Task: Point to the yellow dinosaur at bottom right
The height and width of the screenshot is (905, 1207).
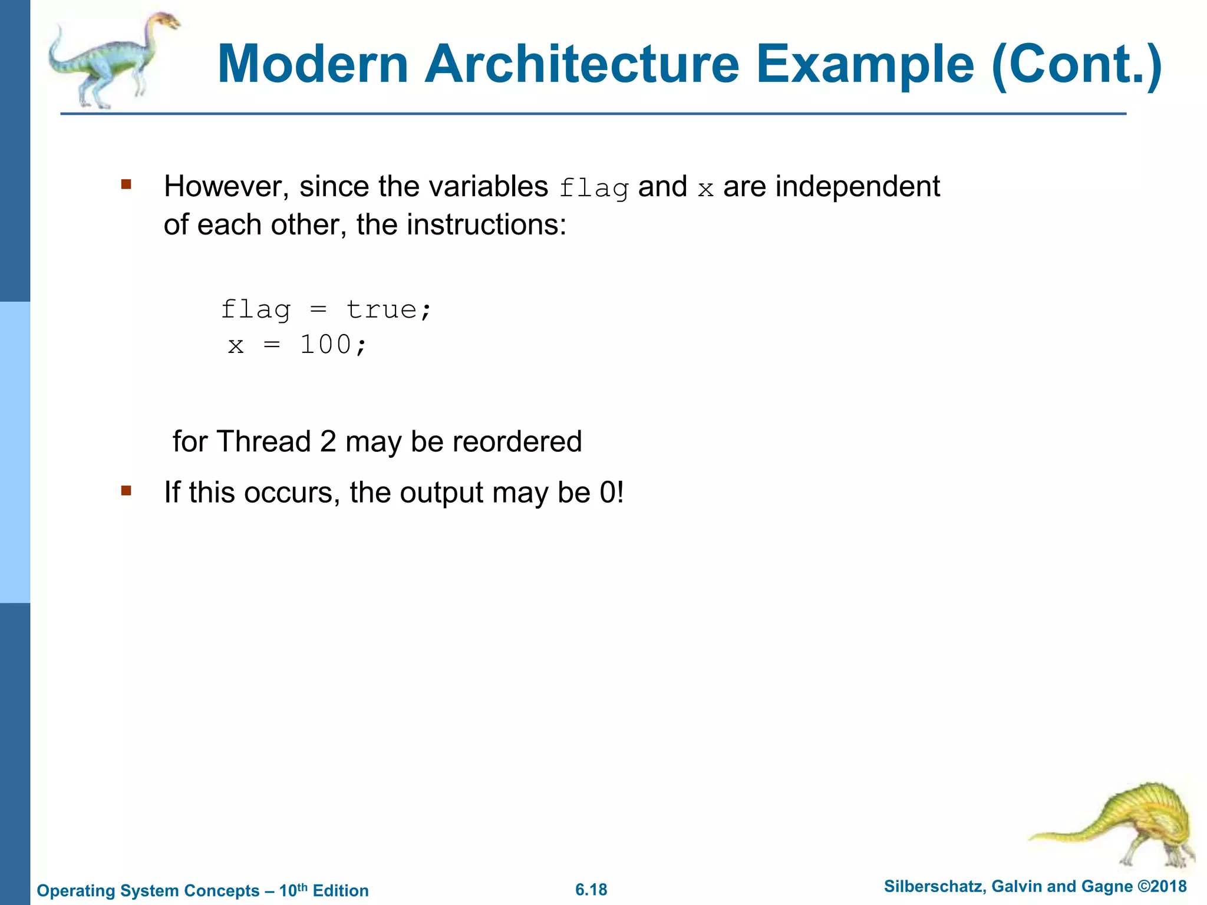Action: pos(1120,825)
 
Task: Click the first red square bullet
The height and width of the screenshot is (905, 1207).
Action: pos(126,185)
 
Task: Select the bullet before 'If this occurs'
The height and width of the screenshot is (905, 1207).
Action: pos(126,490)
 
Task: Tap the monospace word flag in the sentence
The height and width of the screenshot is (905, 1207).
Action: pos(593,189)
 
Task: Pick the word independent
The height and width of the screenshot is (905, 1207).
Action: pos(858,187)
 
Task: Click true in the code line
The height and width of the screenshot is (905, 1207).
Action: pos(388,310)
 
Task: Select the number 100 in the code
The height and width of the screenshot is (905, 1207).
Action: pos(326,345)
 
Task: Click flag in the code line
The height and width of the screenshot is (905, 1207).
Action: pos(256,310)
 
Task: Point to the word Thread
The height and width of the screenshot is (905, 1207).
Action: pos(263,441)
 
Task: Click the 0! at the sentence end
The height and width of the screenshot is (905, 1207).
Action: pos(611,492)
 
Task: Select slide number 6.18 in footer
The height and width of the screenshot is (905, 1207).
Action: pos(591,890)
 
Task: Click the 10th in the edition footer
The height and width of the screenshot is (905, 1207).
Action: pos(293,890)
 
